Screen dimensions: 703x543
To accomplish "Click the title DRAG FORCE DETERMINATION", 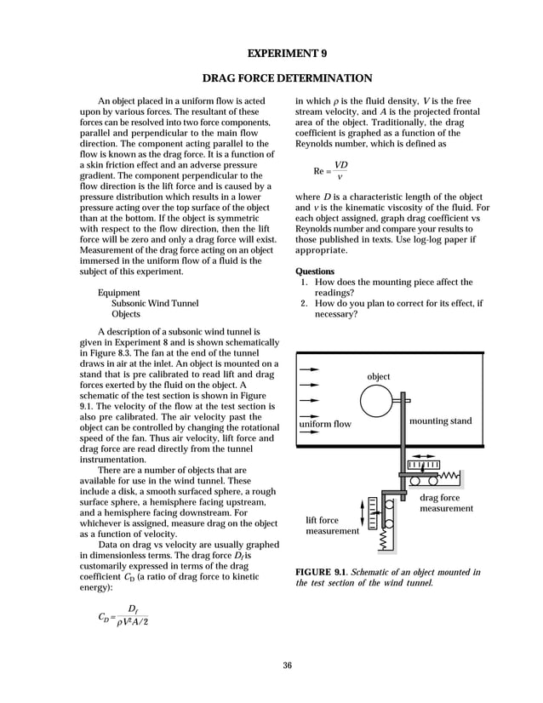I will [x=287, y=79].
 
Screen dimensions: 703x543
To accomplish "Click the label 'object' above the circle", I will [x=378, y=376].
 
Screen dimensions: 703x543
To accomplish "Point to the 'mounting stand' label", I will [x=440, y=421].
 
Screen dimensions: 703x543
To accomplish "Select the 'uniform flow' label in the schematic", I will [x=325, y=423].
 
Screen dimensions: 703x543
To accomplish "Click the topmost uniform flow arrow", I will [x=309, y=369].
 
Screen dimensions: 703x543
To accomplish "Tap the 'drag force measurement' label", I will [x=446, y=503].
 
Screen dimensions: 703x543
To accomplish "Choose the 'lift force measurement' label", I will [x=333, y=525].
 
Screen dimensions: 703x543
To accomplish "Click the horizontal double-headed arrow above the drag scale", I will [x=423, y=465].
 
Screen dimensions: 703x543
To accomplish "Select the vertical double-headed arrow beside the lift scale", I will [x=363, y=512].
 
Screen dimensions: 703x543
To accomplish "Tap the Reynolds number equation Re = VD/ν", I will [x=331, y=170].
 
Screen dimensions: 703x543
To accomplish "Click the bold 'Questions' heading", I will [x=314, y=271].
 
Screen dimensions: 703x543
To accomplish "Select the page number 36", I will [x=287, y=665].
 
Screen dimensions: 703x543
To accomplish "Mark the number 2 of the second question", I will [x=303, y=302].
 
